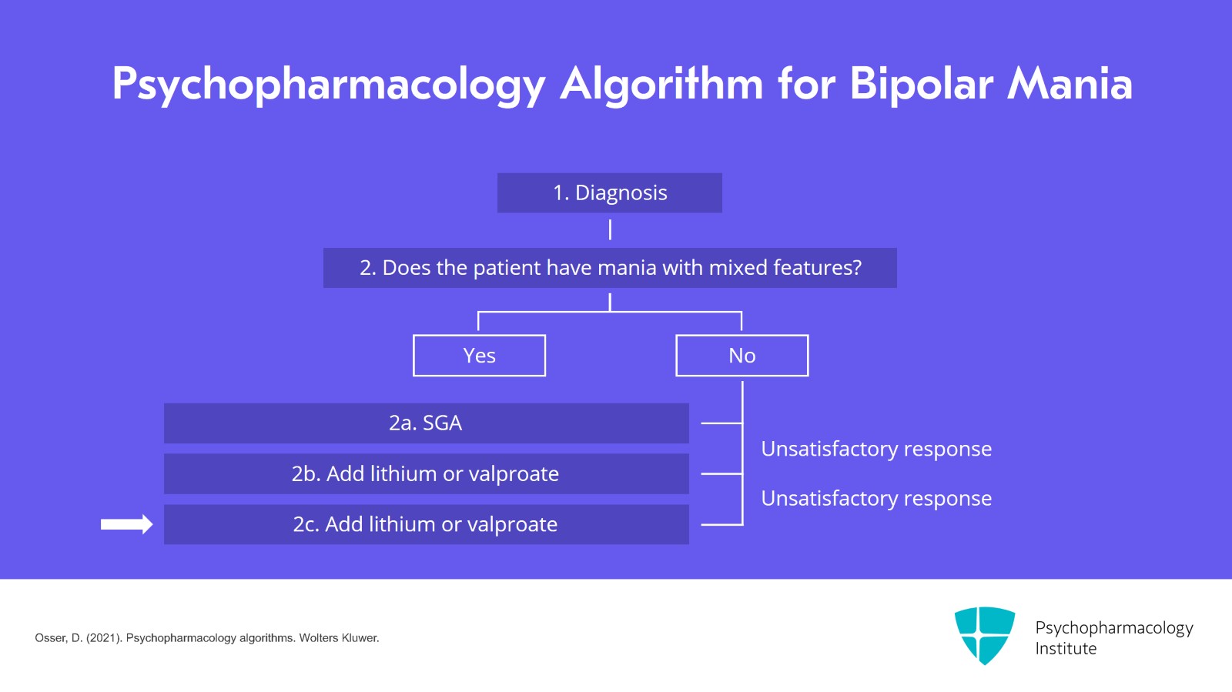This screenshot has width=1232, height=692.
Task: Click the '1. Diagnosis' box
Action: tap(609, 192)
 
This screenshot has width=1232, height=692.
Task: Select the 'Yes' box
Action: tap(479, 356)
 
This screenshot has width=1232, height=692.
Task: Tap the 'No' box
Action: tap(742, 356)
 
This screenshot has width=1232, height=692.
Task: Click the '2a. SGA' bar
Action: tap(426, 423)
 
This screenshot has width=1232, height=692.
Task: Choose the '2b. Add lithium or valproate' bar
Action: tap(426, 473)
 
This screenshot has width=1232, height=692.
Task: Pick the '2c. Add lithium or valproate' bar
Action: tap(426, 524)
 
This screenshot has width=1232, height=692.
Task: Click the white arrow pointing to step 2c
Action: tap(126, 524)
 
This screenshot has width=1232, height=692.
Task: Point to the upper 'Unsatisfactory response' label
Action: tap(875, 449)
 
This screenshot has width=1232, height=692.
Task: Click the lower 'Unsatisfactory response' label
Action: tap(875, 499)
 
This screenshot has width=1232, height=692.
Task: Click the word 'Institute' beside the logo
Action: tap(1065, 649)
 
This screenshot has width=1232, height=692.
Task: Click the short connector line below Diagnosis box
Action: tap(610, 229)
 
